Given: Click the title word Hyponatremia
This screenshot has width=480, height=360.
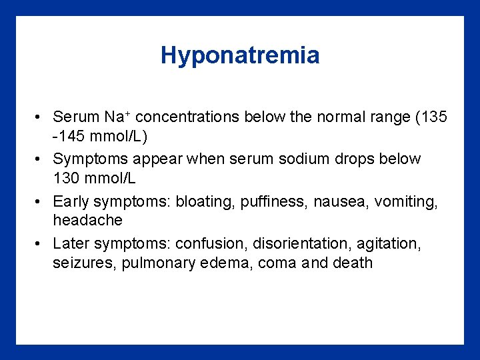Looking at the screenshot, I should (240, 55).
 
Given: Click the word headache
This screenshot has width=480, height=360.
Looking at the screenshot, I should (87, 220).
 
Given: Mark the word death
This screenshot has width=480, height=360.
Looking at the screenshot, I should (352, 263).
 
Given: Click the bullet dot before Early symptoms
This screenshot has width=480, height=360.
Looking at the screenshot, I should (41, 202).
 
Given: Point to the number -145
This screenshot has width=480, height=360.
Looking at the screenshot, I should (69, 138).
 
